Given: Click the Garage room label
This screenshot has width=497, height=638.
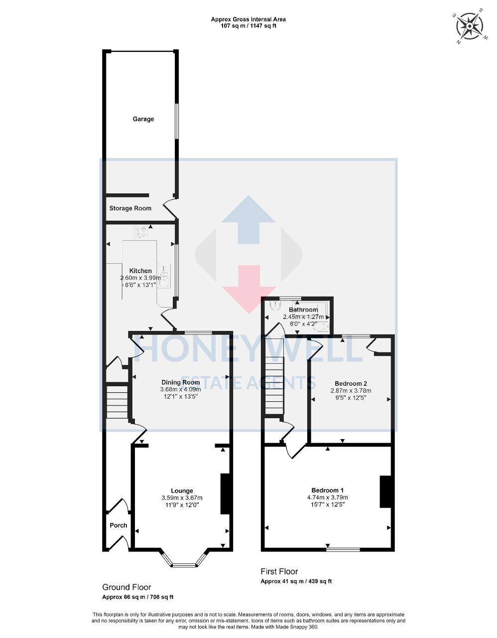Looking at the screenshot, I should coord(143,119).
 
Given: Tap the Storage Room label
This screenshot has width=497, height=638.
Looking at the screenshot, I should coord(130,208).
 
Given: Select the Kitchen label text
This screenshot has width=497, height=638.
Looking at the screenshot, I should coord(140,271).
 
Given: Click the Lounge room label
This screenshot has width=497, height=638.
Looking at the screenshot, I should coord(182,490).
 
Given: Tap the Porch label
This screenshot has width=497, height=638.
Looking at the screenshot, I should coord(119,525).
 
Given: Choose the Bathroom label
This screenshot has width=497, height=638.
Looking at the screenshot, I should coord(303,310).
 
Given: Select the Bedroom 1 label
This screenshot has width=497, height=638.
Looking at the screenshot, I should coord(327,490).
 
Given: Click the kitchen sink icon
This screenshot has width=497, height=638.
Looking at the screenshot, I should coord(164,275).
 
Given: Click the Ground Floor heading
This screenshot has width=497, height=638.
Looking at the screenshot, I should coord(126,587).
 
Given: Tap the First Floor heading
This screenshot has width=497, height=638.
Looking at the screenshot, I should coord(279,571).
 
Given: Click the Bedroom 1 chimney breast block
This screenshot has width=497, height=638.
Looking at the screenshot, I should coord(385,491).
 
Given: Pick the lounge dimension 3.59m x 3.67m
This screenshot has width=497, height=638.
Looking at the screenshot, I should coord(182,497).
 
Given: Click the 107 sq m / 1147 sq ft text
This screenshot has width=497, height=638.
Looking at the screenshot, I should coord(248,26).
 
